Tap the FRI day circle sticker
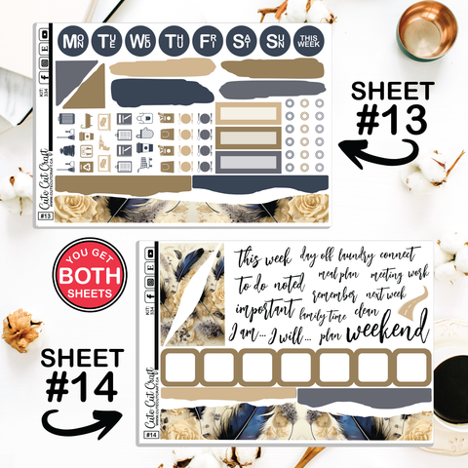pos(205,41)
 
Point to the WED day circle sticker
pos(139,41)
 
